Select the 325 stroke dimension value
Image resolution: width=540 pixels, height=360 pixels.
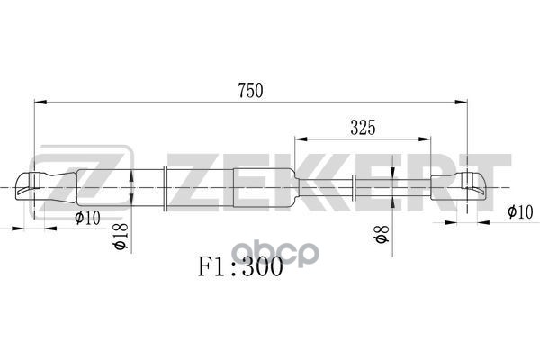tap(362, 128)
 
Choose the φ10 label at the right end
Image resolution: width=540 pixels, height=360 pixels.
tap(519, 212)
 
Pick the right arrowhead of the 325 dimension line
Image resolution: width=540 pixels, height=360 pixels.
tap(427, 140)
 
